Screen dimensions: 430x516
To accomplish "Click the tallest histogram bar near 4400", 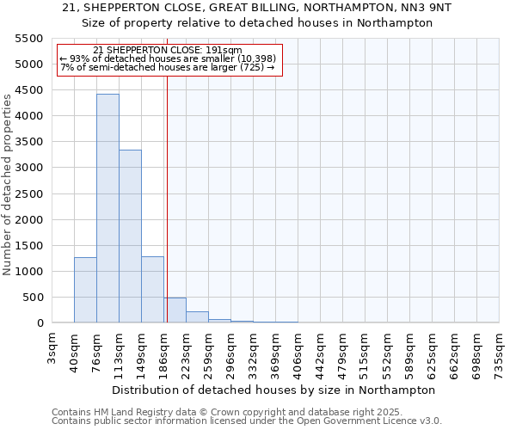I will point(107,208).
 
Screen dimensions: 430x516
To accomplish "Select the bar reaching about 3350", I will point(130,236).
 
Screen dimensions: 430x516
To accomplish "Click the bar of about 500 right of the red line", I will point(175,310).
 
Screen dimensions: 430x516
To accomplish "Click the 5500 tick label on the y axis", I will point(29,39).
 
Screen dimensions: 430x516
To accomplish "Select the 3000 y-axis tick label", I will point(29,168).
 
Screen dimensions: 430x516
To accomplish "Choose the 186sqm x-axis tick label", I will point(164,348).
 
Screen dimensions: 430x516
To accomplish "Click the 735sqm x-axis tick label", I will point(500,348).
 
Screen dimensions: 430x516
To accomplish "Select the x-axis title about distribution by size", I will point(273,390).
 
